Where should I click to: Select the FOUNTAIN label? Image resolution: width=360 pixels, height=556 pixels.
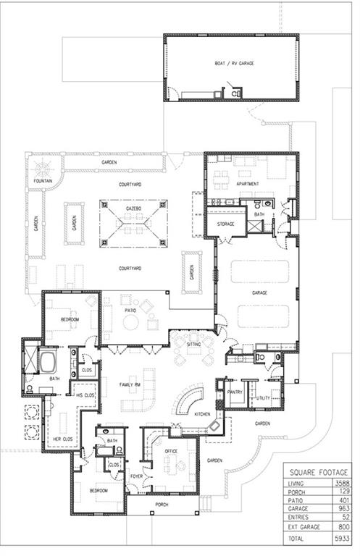(43, 181)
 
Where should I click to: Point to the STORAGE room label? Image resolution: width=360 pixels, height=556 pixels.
(226, 224)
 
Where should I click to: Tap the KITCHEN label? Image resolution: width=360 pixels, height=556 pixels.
(202, 413)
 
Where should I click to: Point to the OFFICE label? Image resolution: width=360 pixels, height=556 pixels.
(171, 451)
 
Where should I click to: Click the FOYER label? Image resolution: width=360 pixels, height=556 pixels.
(136, 476)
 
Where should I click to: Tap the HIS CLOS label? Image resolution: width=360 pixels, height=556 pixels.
(85, 395)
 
